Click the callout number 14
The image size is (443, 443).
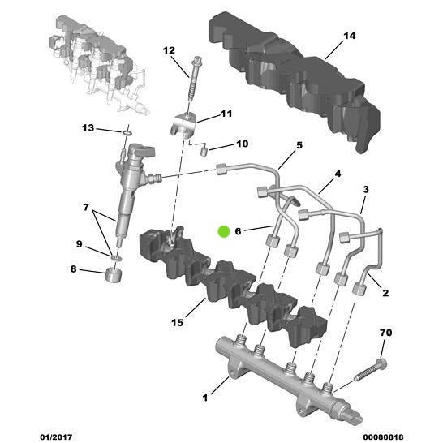tap(350, 37)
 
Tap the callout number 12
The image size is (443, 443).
tap(169, 50)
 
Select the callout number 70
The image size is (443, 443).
tap(386, 333)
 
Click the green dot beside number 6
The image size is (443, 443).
tap(225, 231)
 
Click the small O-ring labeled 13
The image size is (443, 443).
tap(128, 131)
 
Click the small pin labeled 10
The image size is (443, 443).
tap(205, 149)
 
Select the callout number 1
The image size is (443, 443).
tap(205, 398)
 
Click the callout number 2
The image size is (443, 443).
tap(386, 294)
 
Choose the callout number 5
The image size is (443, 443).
tap(299, 145)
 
